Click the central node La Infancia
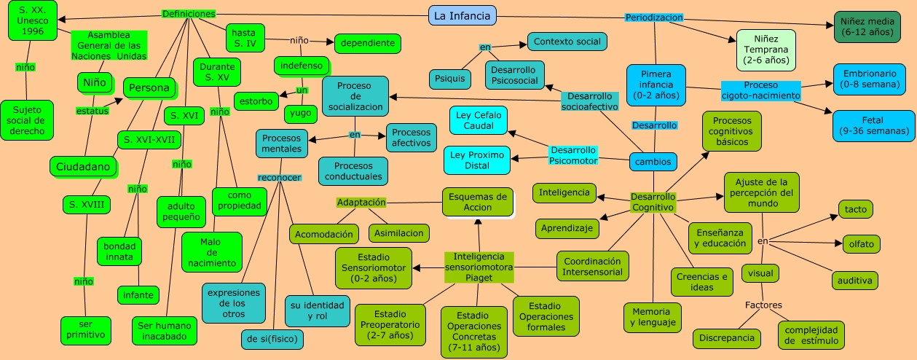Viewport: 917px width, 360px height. click(462, 15)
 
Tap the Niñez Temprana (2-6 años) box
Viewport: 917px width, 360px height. click(766, 50)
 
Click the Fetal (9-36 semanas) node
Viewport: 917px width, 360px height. click(873, 125)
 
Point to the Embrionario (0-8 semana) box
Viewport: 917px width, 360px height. click(873, 79)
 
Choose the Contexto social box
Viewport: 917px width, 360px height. click(567, 42)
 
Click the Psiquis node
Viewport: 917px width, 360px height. click(449, 79)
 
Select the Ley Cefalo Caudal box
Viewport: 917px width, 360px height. click(478, 120)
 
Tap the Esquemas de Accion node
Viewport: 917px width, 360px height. click(477, 202)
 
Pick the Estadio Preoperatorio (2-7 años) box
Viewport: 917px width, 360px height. click(390, 324)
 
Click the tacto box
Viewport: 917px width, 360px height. click(855, 209)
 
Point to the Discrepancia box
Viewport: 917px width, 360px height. click(727, 338)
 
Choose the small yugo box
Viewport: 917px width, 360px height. click(301, 114)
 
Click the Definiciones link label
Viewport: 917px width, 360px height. click(189, 14)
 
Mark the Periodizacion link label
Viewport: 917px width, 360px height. click(654, 17)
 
